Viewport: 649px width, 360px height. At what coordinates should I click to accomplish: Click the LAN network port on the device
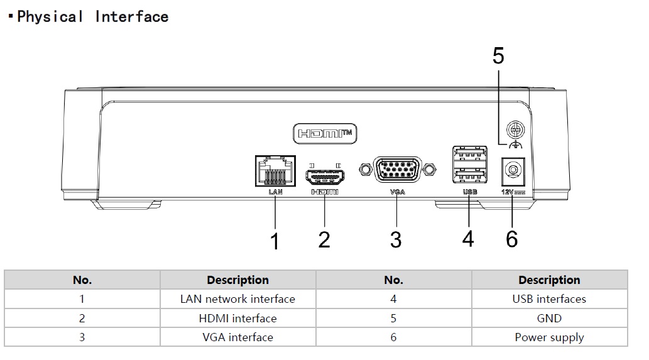coord(275,170)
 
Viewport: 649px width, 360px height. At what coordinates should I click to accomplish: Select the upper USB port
coord(469,154)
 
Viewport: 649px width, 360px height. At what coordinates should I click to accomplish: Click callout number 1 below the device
coord(275,241)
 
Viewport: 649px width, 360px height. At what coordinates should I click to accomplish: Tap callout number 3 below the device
coord(396,239)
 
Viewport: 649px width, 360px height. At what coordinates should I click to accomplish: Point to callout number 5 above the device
coord(498,56)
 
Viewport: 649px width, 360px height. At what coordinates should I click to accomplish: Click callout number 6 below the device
coord(512,239)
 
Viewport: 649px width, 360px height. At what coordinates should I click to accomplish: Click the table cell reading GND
coord(549,319)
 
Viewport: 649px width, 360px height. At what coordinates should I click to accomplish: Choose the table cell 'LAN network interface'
coord(237,299)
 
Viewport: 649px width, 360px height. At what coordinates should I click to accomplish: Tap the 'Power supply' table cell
coord(549,337)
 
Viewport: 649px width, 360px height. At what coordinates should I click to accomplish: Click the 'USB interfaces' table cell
coord(549,299)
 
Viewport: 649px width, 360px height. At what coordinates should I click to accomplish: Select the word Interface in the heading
coord(132,17)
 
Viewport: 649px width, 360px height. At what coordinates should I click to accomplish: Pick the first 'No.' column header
coord(82,280)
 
